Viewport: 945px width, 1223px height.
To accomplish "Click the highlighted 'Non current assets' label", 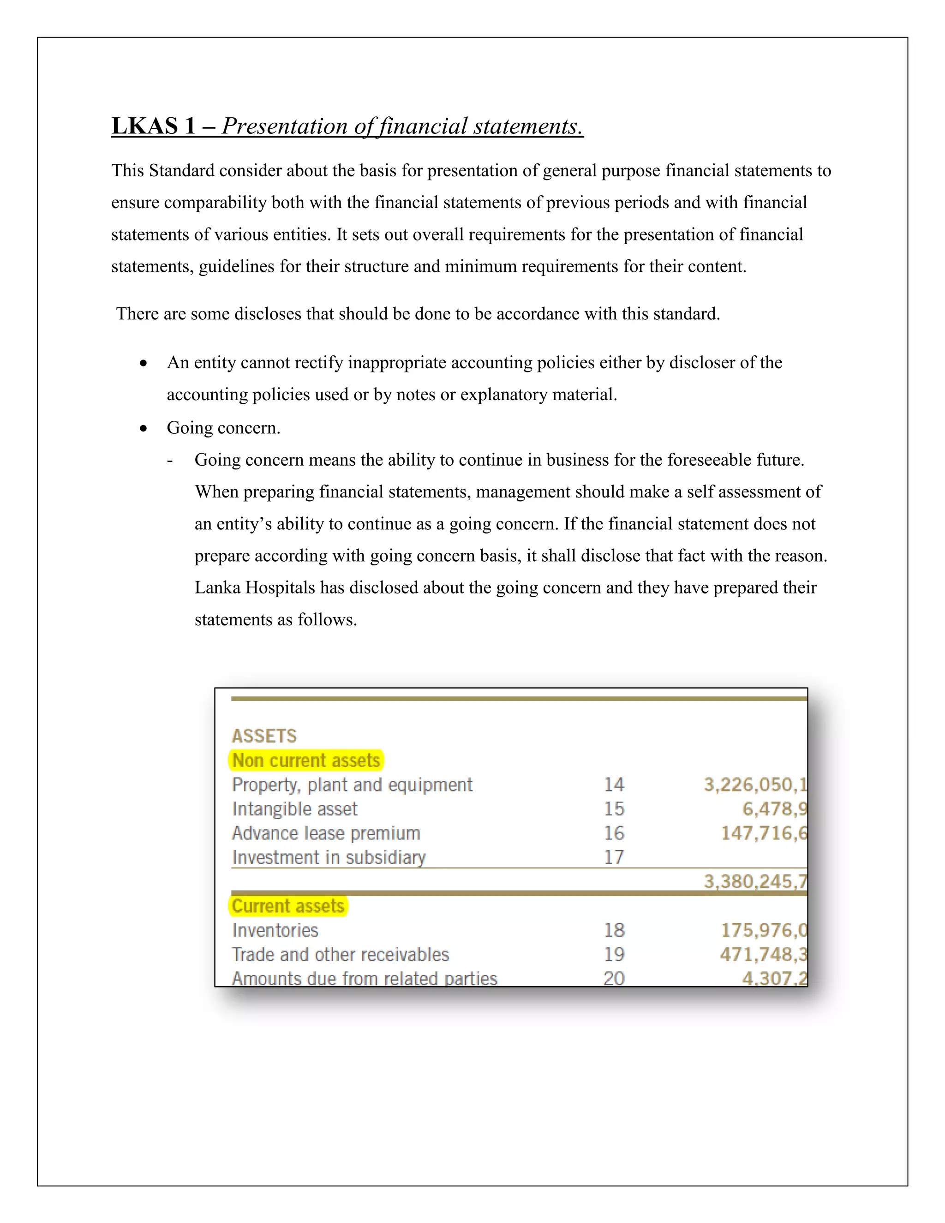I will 306,761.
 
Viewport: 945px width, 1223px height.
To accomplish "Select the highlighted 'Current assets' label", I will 288,906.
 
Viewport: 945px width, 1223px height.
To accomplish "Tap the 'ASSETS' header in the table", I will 264,736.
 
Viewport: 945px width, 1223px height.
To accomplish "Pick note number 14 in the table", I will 614,785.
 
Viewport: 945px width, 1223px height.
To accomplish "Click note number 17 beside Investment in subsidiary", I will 614,857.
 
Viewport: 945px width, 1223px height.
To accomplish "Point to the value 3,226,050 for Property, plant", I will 754,785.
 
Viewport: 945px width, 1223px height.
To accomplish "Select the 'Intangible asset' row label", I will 294,809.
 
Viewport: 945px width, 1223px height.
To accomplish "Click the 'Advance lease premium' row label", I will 326,833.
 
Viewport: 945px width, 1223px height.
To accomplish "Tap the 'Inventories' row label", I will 275,930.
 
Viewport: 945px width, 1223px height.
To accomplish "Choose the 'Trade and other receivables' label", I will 341,954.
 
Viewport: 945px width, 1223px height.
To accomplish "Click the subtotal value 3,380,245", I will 754,881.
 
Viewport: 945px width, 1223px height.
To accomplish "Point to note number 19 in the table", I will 614,954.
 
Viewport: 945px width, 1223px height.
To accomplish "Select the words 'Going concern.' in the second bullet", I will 223,428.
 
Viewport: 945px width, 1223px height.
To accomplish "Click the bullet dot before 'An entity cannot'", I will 144,363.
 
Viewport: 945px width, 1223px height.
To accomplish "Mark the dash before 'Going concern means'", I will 170,460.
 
